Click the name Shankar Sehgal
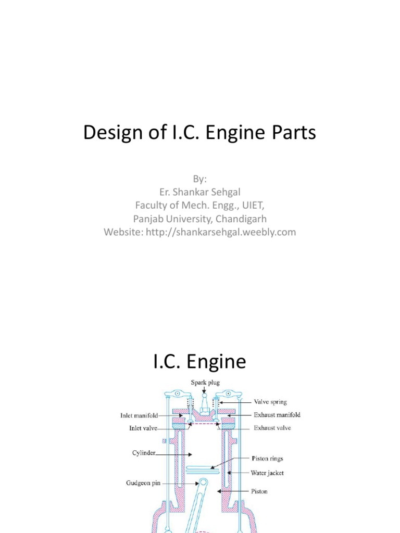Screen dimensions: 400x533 tap(206, 192)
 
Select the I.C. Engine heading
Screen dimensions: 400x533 tap(199, 361)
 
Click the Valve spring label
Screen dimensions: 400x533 tap(270, 402)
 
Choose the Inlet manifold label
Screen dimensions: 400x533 tap(137, 415)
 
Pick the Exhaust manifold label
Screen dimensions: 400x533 tap(277, 415)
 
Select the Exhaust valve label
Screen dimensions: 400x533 tap(272, 428)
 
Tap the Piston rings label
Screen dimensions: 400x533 tap(267, 459)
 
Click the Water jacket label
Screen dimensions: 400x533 tap(267, 473)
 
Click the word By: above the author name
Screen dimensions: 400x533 tap(199, 179)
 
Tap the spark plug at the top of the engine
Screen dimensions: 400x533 tap(204, 403)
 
